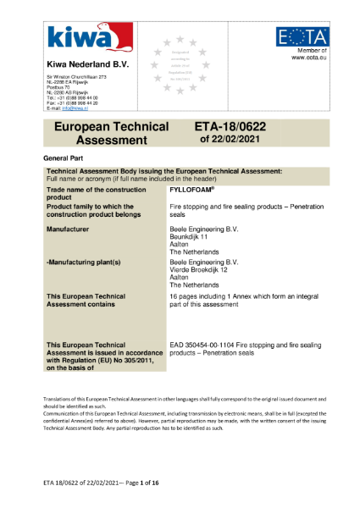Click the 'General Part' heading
point(64,158)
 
